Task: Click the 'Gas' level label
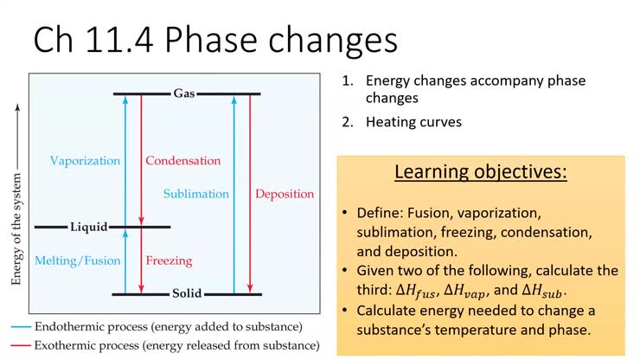coord(184,93)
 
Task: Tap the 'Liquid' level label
coord(89,228)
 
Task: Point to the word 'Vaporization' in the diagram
coord(86,161)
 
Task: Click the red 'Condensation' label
coord(182,161)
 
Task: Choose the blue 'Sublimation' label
coord(196,194)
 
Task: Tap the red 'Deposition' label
coord(285,194)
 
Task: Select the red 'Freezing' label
coord(169,260)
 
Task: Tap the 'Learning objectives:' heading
coord(481,171)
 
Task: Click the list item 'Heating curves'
coord(413,122)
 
